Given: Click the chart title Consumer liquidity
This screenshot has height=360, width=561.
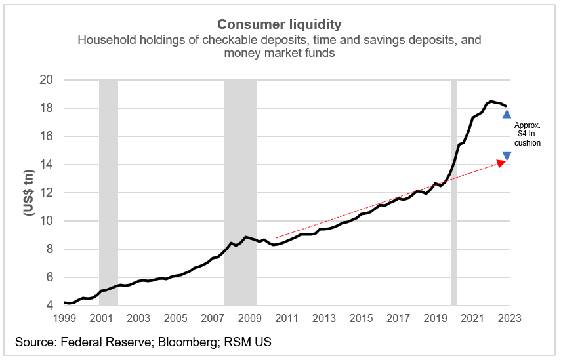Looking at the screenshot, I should (x=280, y=25).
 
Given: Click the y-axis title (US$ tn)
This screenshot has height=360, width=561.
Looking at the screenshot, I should (x=30, y=193).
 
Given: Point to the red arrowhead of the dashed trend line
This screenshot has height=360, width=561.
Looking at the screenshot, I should (x=503, y=163).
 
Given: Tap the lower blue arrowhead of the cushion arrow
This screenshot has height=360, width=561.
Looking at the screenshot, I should (x=506, y=156).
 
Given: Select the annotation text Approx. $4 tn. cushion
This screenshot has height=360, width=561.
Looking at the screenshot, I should (x=528, y=134).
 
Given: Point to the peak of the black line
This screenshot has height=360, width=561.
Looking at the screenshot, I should (x=491, y=102).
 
